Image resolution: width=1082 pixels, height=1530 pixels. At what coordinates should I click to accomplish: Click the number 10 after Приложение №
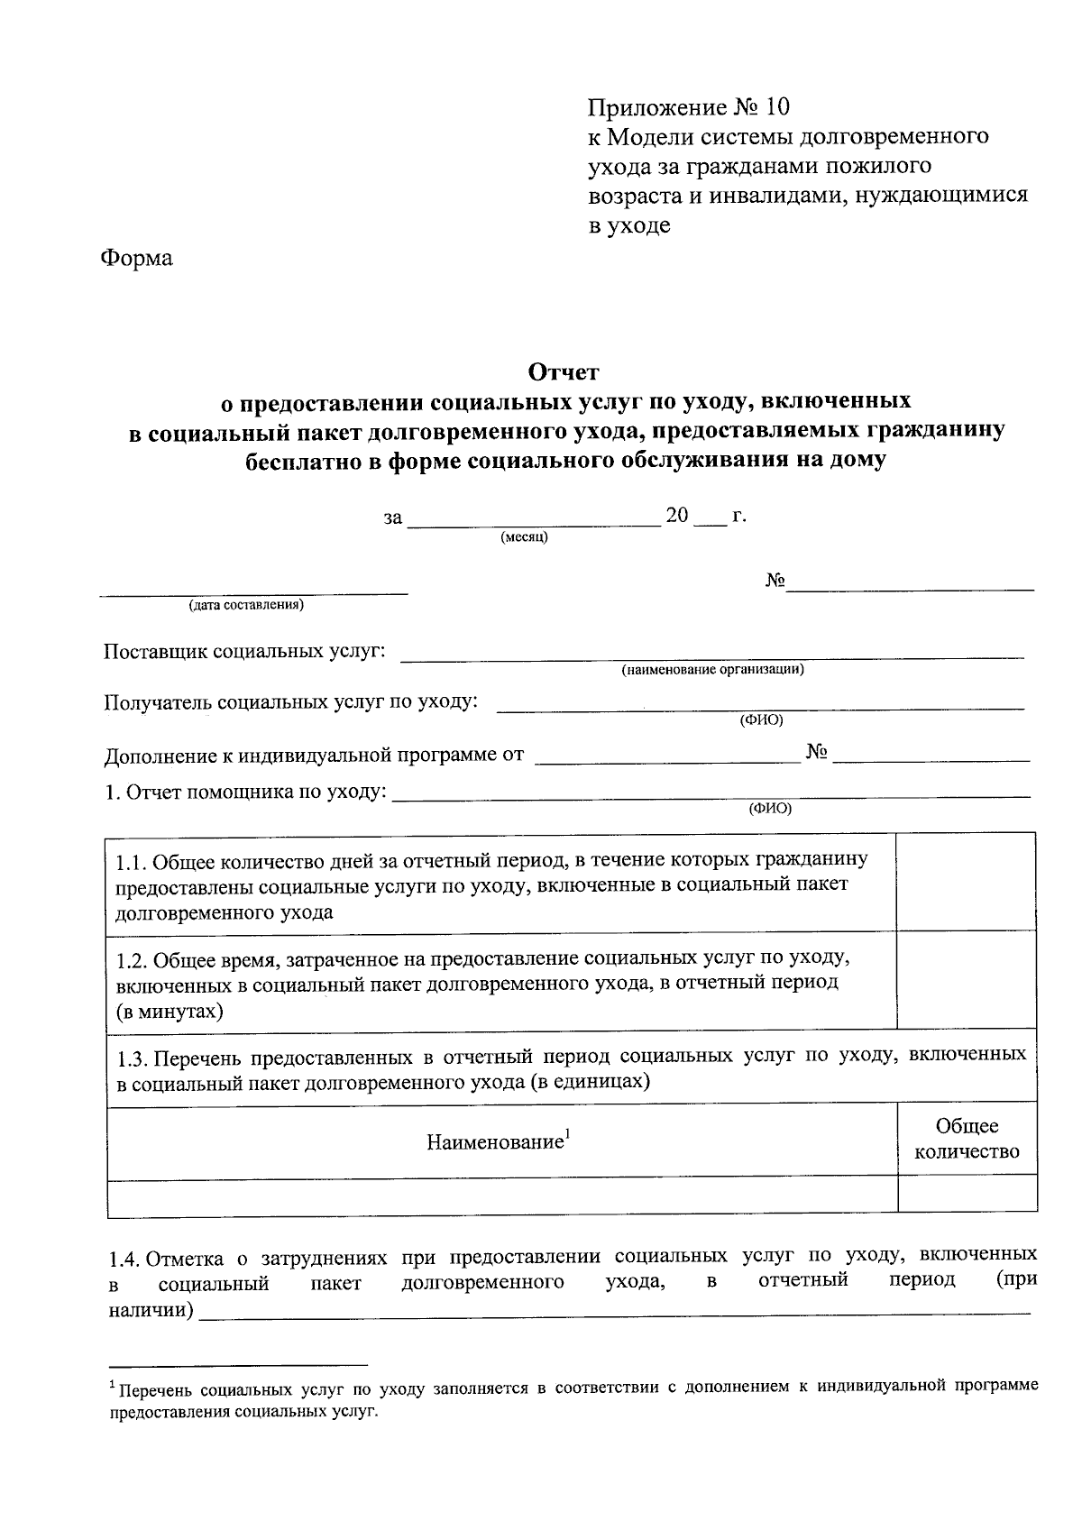pyautogui.click(x=776, y=108)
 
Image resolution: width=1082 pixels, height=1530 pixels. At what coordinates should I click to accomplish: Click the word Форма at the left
pyautogui.click(x=136, y=259)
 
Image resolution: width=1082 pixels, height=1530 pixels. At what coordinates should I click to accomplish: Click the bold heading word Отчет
pyautogui.click(x=563, y=371)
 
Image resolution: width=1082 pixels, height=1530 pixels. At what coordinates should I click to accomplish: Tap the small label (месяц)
pyautogui.click(x=524, y=537)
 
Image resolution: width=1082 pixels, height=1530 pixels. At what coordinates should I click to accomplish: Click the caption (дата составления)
pyautogui.click(x=246, y=605)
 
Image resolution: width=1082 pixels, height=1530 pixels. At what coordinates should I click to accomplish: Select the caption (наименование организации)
pyautogui.click(x=712, y=670)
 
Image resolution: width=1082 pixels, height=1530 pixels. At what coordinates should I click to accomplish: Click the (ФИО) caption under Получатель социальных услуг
pyautogui.click(x=761, y=719)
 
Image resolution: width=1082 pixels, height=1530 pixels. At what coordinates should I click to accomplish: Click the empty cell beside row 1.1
pyautogui.click(x=967, y=883)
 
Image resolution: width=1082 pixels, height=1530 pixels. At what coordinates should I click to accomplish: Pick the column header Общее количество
pyautogui.click(x=967, y=1139)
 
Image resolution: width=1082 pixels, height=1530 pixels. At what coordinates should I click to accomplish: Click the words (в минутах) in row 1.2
pyautogui.click(x=170, y=1012)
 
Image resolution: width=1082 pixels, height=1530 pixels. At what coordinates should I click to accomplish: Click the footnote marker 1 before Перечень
pyautogui.click(x=112, y=1383)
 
